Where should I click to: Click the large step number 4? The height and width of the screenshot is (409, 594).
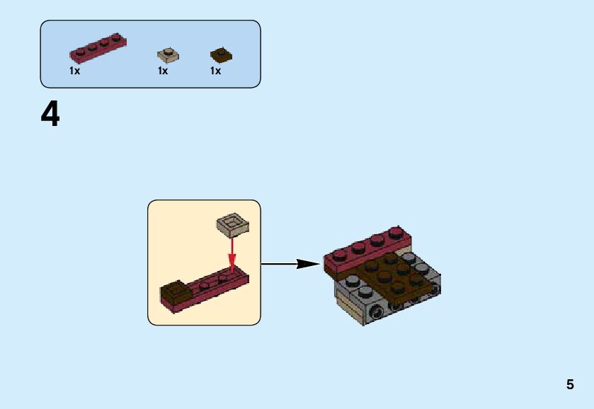(x=50, y=114)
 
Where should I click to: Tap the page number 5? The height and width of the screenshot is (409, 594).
(x=570, y=385)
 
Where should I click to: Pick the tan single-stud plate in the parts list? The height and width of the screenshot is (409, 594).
(x=168, y=54)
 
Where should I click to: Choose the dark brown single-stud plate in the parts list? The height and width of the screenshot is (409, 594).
(x=221, y=55)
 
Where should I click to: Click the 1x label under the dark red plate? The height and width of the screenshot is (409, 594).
(x=74, y=71)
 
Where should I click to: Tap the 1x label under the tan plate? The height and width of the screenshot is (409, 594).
(x=163, y=71)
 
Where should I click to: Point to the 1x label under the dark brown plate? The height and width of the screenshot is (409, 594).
(x=215, y=71)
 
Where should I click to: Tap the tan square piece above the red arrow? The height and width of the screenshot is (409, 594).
(x=232, y=225)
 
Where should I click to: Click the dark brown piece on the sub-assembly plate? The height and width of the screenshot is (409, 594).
(x=176, y=291)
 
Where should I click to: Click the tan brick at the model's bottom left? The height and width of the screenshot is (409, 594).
(x=350, y=309)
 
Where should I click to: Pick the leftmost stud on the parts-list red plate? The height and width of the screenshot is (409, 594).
(x=80, y=50)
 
